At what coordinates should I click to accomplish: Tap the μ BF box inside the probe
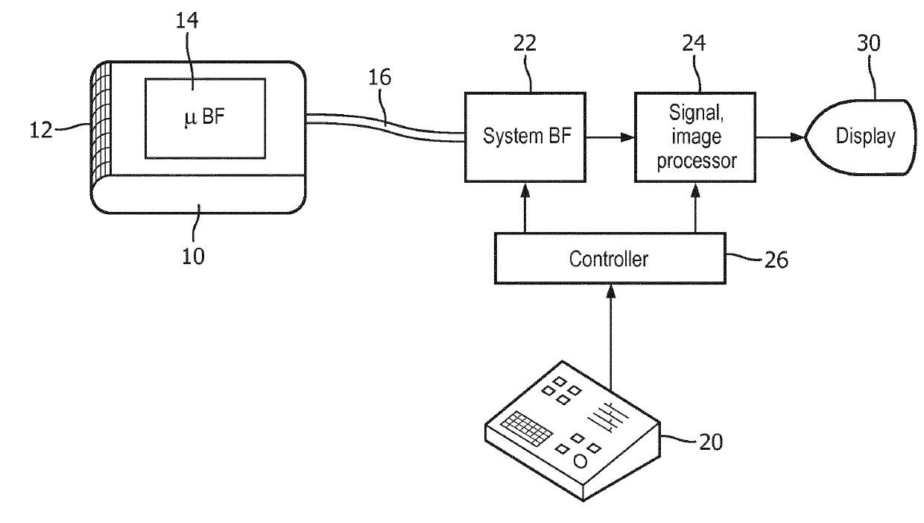(204, 118)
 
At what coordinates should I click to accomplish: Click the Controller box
(610, 259)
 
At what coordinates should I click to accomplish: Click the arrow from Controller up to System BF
(524, 209)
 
